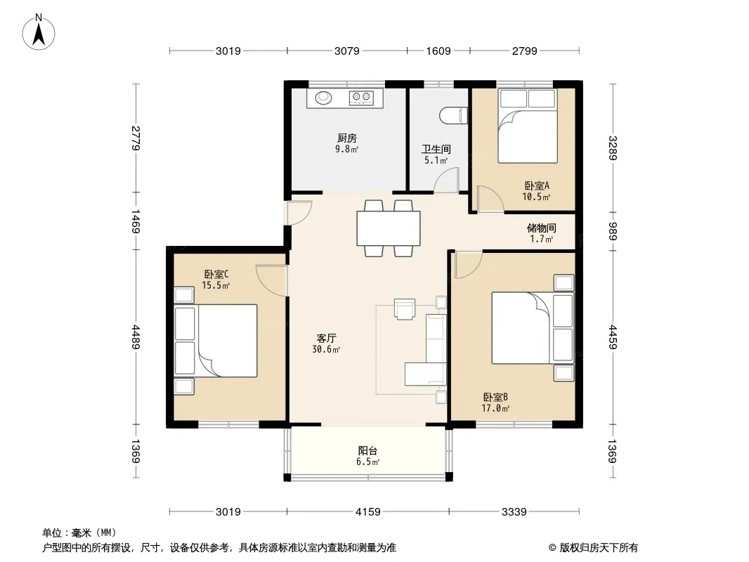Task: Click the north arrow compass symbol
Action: point(39,32)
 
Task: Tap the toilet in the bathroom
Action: point(452,116)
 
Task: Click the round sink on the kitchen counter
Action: point(323,97)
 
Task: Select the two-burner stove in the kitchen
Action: point(361,98)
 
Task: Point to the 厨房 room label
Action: point(347,138)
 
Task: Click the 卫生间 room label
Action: point(436,150)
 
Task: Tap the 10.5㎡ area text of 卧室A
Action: point(536,197)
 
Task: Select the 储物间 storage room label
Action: point(541,228)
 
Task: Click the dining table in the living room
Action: point(389,228)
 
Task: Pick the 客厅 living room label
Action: point(326,338)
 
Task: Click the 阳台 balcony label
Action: point(367,450)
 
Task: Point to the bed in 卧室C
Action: point(216,341)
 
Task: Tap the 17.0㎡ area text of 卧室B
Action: point(495,408)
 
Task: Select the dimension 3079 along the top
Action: point(347,51)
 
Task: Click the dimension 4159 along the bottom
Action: point(367,512)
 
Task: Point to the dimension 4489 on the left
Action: point(136,337)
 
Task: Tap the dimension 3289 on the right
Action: point(613,148)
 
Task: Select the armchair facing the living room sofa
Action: point(405,308)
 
